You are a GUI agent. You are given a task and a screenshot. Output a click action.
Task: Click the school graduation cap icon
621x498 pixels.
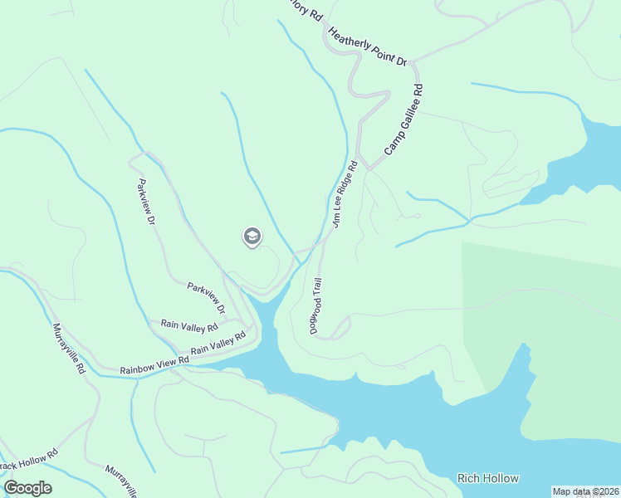(x=252, y=237)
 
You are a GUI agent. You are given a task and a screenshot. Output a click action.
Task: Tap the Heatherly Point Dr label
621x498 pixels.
(x=368, y=47)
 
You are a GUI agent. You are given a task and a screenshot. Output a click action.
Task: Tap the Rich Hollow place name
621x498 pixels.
(x=488, y=478)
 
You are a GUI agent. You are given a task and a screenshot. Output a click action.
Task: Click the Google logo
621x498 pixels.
(x=27, y=488)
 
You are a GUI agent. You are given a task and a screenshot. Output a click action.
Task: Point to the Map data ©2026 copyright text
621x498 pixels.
(x=585, y=491)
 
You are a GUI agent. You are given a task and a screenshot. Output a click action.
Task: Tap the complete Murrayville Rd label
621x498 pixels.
(x=70, y=349)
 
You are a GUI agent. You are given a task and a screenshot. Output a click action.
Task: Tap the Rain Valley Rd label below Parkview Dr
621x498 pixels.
(x=177, y=325)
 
